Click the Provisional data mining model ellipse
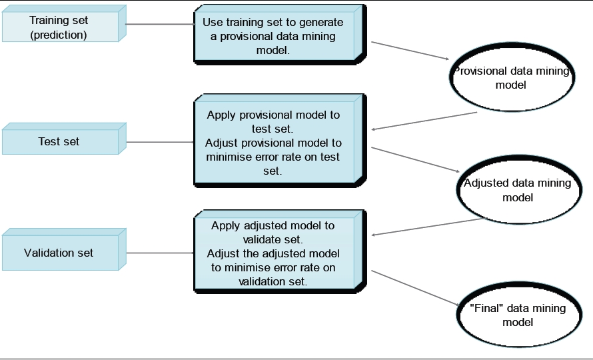(512, 78)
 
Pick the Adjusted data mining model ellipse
(517, 190)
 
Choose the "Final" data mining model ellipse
(517, 315)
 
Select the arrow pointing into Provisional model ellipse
(410, 51)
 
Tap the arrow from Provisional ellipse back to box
(424, 121)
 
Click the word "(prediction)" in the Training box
(59, 35)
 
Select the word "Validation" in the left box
(48, 253)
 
